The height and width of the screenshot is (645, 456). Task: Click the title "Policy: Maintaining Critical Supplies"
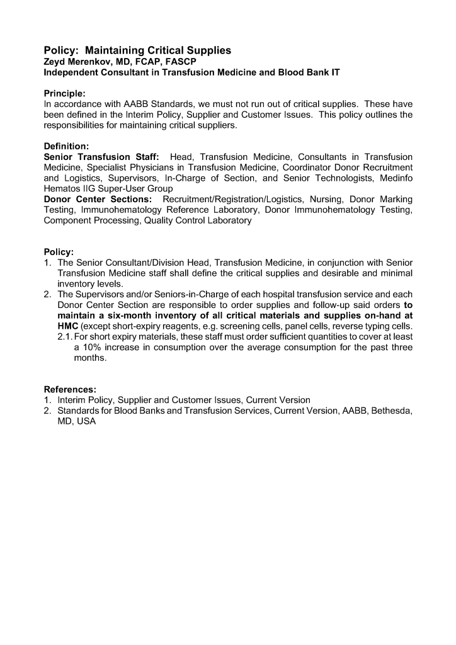coord(137,50)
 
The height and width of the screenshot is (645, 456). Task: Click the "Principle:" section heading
coord(65,94)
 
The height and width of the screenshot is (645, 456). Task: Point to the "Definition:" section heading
coord(66,146)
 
